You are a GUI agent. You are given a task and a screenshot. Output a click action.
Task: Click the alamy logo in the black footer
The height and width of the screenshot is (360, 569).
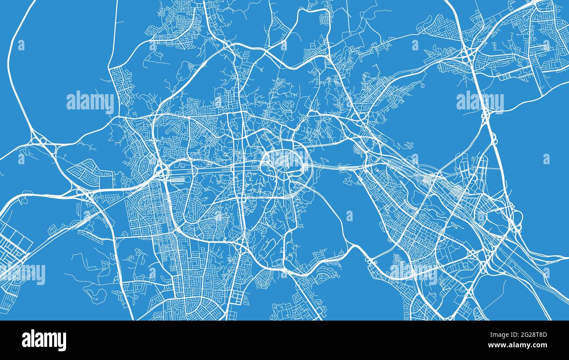tap(44, 340)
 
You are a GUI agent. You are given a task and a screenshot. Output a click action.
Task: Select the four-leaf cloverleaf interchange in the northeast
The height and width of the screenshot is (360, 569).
tap(467, 56)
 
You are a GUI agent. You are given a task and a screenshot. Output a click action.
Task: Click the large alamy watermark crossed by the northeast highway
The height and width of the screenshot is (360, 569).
tap(480, 102)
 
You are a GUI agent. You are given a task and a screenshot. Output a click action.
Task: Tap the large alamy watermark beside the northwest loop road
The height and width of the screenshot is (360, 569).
tap(90, 102)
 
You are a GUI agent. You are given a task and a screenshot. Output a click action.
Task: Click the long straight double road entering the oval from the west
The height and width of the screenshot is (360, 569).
tap(210, 167)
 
